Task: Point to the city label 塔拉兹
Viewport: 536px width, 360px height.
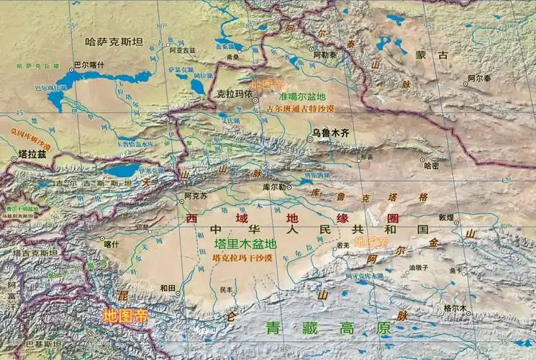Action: point(31,153)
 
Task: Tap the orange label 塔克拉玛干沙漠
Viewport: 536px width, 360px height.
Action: point(242,258)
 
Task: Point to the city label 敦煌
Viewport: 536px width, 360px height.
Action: point(447,217)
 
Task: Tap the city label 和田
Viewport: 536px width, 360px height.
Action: point(168,288)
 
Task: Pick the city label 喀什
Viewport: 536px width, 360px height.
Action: point(112,244)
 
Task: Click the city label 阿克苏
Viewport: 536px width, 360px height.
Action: point(195,196)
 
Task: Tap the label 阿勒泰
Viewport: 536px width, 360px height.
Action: point(324,54)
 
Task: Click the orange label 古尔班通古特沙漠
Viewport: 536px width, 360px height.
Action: point(301,108)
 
